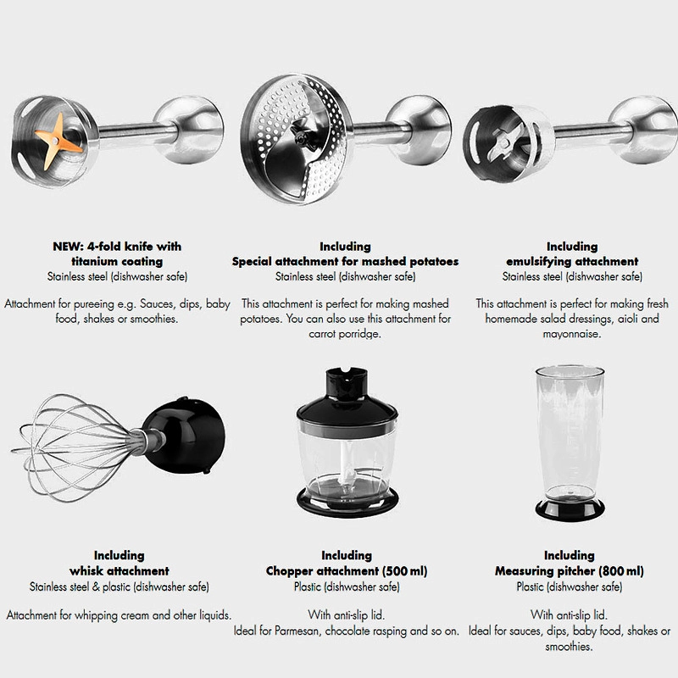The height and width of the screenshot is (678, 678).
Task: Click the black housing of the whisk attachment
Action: (x=185, y=436)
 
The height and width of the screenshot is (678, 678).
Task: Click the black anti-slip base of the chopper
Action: (x=347, y=502)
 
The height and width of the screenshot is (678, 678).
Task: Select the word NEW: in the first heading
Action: (x=68, y=247)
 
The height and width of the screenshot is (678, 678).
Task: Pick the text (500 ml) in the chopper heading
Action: (x=405, y=571)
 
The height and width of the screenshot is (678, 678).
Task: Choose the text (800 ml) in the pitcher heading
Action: (x=621, y=571)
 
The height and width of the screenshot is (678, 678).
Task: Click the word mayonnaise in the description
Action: (x=571, y=334)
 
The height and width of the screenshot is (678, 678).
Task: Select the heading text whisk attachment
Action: (x=119, y=571)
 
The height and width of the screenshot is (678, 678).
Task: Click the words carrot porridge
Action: (x=345, y=334)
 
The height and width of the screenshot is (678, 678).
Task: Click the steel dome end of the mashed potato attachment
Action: (x=419, y=130)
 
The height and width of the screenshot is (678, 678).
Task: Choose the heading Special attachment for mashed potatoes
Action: (x=345, y=262)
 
